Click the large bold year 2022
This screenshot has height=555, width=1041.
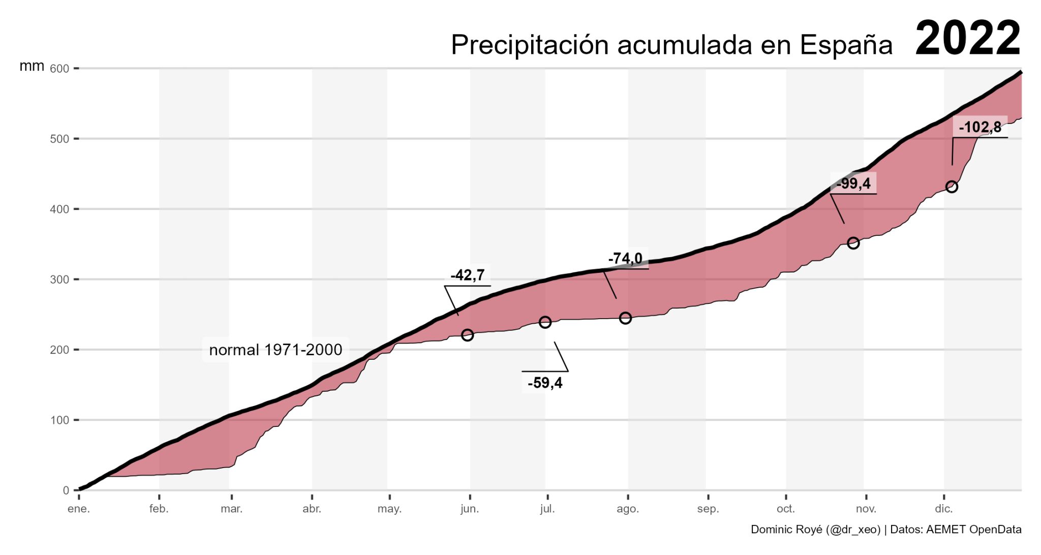(x=967, y=39)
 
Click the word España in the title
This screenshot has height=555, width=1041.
(x=846, y=45)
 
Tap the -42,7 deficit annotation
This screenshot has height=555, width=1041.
(x=467, y=275)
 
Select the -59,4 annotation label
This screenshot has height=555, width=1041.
(x=545, y=383)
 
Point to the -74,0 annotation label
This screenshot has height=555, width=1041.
(x=625, y=259)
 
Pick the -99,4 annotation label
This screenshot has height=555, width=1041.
(x=853, y=183)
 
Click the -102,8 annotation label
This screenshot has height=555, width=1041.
(x=979, y=127)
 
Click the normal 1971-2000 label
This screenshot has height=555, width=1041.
(x=275, y=350)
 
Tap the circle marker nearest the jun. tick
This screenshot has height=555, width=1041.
(x=467, y=335)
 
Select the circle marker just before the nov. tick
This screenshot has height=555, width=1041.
(x=853, y=243)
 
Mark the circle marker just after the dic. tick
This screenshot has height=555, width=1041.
(x=952, y=187)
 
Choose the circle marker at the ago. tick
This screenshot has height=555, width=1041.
(x=625, y=318)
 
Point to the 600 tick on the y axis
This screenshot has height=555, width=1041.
(x=60, y=69)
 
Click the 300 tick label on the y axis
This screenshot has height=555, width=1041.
(x=60, y=280)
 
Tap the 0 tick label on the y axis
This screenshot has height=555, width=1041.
(x=66, y=490)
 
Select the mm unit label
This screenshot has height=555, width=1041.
(x=32, y=66)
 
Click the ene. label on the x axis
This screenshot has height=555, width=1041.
(x=79, y=509)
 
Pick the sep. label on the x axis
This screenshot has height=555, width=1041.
(x=708, y=509)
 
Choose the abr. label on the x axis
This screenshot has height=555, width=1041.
(x=312, y=509)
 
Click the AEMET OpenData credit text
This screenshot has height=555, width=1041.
(x=973, y=530)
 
